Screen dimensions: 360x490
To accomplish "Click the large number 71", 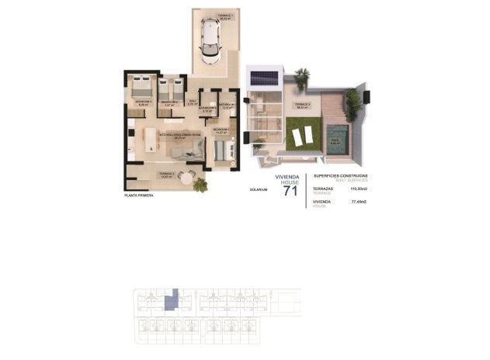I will tap(290, 192).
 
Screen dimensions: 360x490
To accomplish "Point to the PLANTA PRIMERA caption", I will tap(139, 196).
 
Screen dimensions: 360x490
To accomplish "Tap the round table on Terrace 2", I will tap(185, 178).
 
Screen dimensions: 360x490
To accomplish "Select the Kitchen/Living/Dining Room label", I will tap(179, 134).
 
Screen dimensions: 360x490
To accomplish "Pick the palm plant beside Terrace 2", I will tap(201, 185).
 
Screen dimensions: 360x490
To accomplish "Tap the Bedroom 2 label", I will tap(170, 102).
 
